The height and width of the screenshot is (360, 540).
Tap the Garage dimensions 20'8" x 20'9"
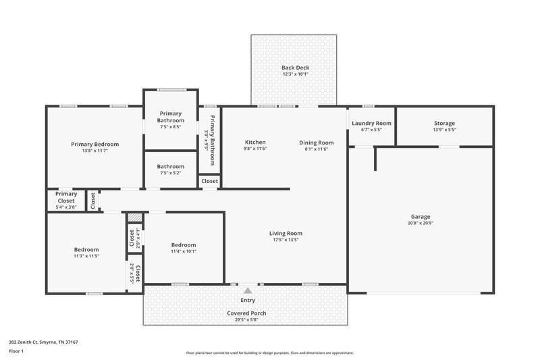pyautogui.click(x=421, y=223)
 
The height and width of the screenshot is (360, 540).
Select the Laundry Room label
pyautogui.click(x=371, y=123)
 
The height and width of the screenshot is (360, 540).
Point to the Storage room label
pyautogui.click(x=444, y=123)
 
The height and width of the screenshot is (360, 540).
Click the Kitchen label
pyautogui.click(x=255, y=143)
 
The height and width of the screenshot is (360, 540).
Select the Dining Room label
pyautogui.click(x=317, y=143)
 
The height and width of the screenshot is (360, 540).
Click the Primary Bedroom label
pyautogui.click(x=95, y=144)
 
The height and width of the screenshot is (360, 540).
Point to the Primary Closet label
pyautogui.click(x=66, y=197)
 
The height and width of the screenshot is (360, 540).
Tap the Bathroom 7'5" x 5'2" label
pyautogui.click(x=171, y=166)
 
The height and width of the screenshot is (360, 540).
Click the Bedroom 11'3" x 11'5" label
pyautogui.click(x=86, y=249)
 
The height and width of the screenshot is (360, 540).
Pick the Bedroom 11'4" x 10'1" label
pyautogui.click(x=184, y=245)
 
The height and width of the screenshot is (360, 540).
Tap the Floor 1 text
pyautogui.click(x=16, y=351)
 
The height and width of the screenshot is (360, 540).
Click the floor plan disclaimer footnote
pyautogui.click(x=270, y=353)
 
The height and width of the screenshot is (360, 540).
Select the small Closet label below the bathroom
pyautogui.click(x=209, y=181)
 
